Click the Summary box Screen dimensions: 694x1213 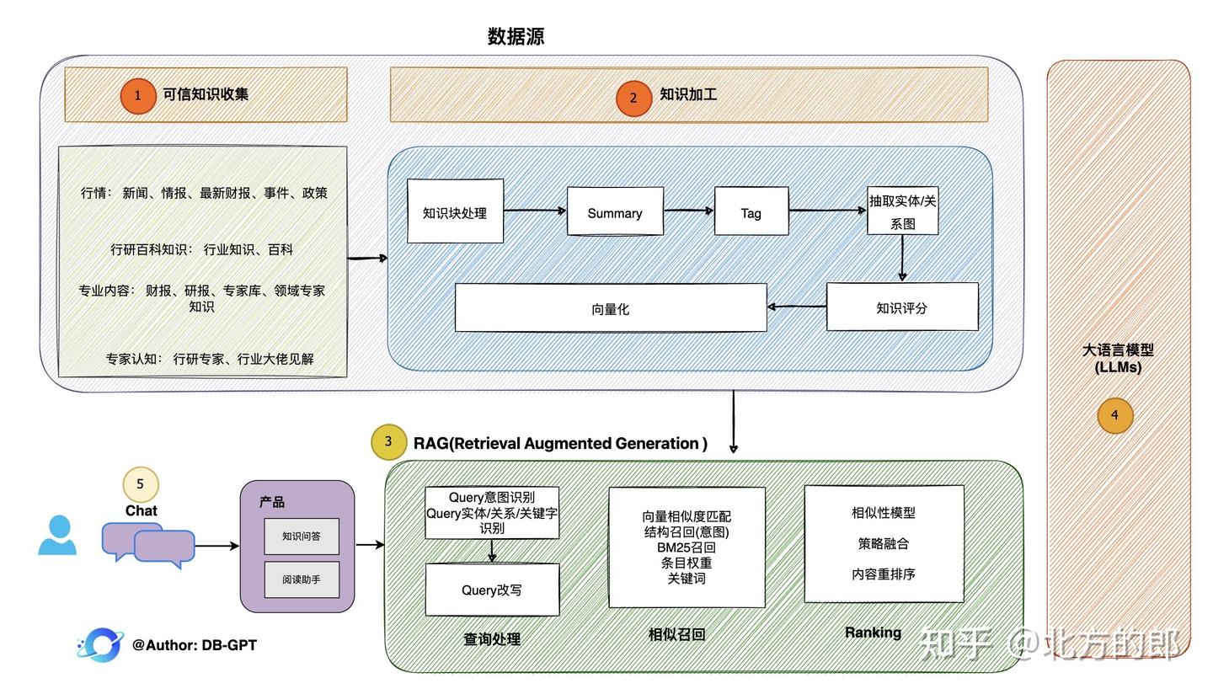(615, 212)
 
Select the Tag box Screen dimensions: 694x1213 (751, 212)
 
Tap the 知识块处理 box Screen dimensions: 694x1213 (455, 212)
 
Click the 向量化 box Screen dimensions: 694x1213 (610, 308)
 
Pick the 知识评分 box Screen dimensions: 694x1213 (901, 307)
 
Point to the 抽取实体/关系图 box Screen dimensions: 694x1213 (902, 211)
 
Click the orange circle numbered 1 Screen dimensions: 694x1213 (138, 96)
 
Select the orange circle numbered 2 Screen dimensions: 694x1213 (633, 98)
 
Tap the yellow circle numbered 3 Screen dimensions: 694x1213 (388, 441)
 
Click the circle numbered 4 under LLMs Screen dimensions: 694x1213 (1114, 415)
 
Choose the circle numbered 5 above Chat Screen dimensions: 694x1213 (141, 484)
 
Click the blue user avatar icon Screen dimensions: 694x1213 (57, 536)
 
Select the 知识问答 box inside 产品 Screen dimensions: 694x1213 (302, 537)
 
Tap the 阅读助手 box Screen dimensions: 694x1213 (302, 579)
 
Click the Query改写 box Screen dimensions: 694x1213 (492, 590)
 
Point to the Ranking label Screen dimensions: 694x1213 (873, 633)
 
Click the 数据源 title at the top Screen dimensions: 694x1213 (516, 36)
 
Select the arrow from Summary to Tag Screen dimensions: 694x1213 (688, 211)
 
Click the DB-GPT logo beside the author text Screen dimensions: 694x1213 (101, 645)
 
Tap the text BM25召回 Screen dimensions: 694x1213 (687, 547)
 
